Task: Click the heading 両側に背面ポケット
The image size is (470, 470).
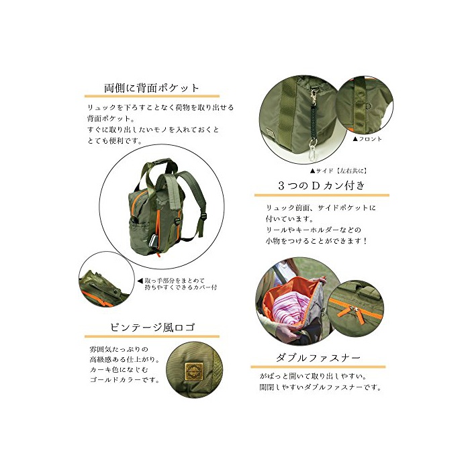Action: click(151, 88)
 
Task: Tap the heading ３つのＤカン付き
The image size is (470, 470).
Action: click(322, 185)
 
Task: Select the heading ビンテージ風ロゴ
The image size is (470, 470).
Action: click(152, 327)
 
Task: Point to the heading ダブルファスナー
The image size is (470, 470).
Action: click(318, 358)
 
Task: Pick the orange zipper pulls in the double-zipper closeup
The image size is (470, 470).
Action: click(356, 312)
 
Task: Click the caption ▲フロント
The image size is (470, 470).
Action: click(367, 139)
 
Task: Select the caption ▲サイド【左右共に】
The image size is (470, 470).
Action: click(338, 171)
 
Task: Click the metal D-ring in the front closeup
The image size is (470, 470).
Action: click(369, 105)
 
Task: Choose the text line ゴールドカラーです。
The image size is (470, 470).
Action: click(124, 380)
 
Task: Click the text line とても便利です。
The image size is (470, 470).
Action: click(115, 140)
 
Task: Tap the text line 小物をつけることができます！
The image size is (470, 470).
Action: click(316, 240)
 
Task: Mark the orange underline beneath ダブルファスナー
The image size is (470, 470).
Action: click(318, 367)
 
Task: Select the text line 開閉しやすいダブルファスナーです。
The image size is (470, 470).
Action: click(320, 387)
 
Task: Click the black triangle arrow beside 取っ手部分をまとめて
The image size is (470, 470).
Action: click(140, 281)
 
